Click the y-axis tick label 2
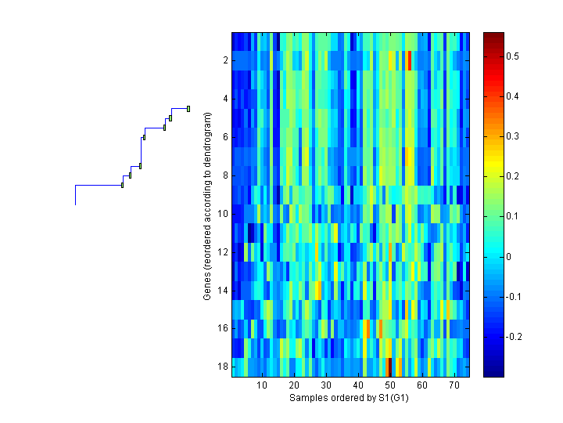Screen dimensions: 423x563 (x=224, y=60)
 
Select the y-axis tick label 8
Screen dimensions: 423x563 (x=224, y=175)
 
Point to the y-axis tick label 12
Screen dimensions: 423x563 (x=222, y=252)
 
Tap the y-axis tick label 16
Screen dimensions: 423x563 (x=222, y=329)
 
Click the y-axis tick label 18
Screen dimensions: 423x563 (x=222, y=367)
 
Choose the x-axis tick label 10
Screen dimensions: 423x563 (x=262, y=385)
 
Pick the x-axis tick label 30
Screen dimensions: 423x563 (x=326, y=385)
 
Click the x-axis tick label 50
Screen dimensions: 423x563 (x=390, y=385)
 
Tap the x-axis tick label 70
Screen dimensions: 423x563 (x=454, y=385)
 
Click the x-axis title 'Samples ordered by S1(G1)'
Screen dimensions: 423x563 (x=350, y=398)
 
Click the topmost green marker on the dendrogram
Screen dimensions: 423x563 (x=188, y=108)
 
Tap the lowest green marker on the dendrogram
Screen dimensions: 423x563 (x=122, y=185)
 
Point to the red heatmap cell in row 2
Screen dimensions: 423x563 (x=409, y=60)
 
